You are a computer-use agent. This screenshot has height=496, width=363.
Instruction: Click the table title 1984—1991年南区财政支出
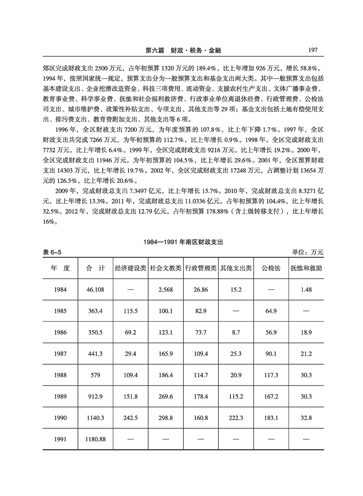[181, 242]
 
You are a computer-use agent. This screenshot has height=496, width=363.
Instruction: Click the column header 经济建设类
[130, 268]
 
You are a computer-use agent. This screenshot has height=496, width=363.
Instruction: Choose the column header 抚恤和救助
[306, 268]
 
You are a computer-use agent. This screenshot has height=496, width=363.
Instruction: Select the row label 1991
[60, 440]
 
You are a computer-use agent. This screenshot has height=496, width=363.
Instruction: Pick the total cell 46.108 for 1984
[95, 290]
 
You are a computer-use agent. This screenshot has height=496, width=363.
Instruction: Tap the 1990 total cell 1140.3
[95, 418]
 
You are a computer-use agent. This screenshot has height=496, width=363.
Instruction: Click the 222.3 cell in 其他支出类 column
[236, 418]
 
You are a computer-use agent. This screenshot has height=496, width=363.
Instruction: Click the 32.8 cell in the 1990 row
[306, 418]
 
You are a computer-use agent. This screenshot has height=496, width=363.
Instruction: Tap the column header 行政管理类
[201, 268]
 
